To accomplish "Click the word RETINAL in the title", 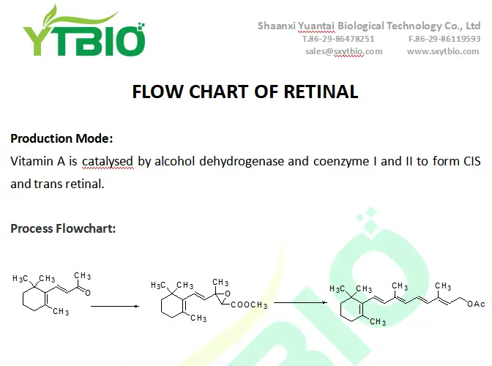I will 320,92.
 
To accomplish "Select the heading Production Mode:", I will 61,138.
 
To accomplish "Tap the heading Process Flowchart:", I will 63,228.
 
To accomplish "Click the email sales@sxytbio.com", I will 343,51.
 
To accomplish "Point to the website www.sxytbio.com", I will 443,51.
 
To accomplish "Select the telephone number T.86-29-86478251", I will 338,39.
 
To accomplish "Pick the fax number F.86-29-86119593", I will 444,39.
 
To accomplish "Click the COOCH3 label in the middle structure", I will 250,305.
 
